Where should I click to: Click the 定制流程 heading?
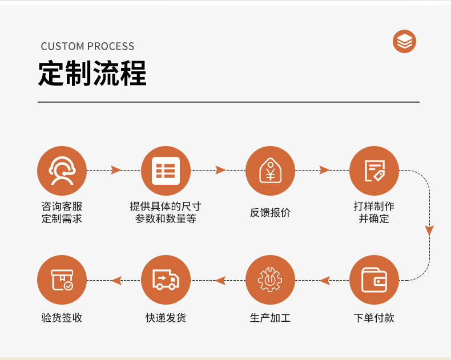(x=92, y=74)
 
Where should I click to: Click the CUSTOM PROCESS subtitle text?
(x=87, y=46)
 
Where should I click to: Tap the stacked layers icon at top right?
(x=405, y=42)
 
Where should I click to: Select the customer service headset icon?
(x=62, y=171)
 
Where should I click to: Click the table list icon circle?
(x=166, y=171)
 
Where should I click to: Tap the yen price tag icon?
(x=270, y=171)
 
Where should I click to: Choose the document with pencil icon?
(x=374, y=171)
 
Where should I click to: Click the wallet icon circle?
(x=374, y=280)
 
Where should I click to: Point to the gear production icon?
(x=270, y=280)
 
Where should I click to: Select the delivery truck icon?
(x=166, y=280)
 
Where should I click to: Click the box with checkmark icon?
(x=62, y=280)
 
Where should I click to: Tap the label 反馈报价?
(x=270, y=212)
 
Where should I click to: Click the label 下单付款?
(x=374, y=318)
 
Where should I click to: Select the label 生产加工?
(x=270, y=318)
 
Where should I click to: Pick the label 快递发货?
(x=166, y=318)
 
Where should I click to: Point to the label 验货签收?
(x=62, y=318)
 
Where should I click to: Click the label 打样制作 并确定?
(x=374, y=212)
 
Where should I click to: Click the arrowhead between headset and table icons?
(x=116, y=170)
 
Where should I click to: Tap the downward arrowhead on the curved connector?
(x=429, y=230)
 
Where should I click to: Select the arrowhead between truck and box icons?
(x=116, y=280)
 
